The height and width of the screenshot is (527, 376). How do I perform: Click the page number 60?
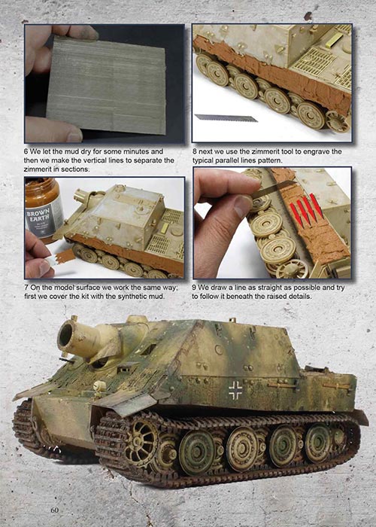pos(54,510)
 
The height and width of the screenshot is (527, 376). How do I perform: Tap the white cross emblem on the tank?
pos(235,390)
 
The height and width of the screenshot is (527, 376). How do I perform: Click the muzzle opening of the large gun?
pos(66,335)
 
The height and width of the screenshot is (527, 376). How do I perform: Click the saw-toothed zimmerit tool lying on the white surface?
pos(226,118)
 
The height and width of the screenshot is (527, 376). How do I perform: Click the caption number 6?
pos(26,151)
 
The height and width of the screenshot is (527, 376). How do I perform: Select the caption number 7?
pos(26,288)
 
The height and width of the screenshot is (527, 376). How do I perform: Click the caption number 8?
pos(194,151)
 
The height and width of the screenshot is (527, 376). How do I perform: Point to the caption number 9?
pos(194,288)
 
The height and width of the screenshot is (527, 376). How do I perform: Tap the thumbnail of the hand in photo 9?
pos(243,205)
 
